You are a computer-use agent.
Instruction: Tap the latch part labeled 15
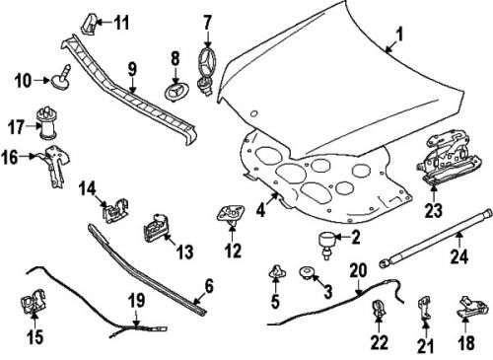pyautogui.click(x=33, y=306)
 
